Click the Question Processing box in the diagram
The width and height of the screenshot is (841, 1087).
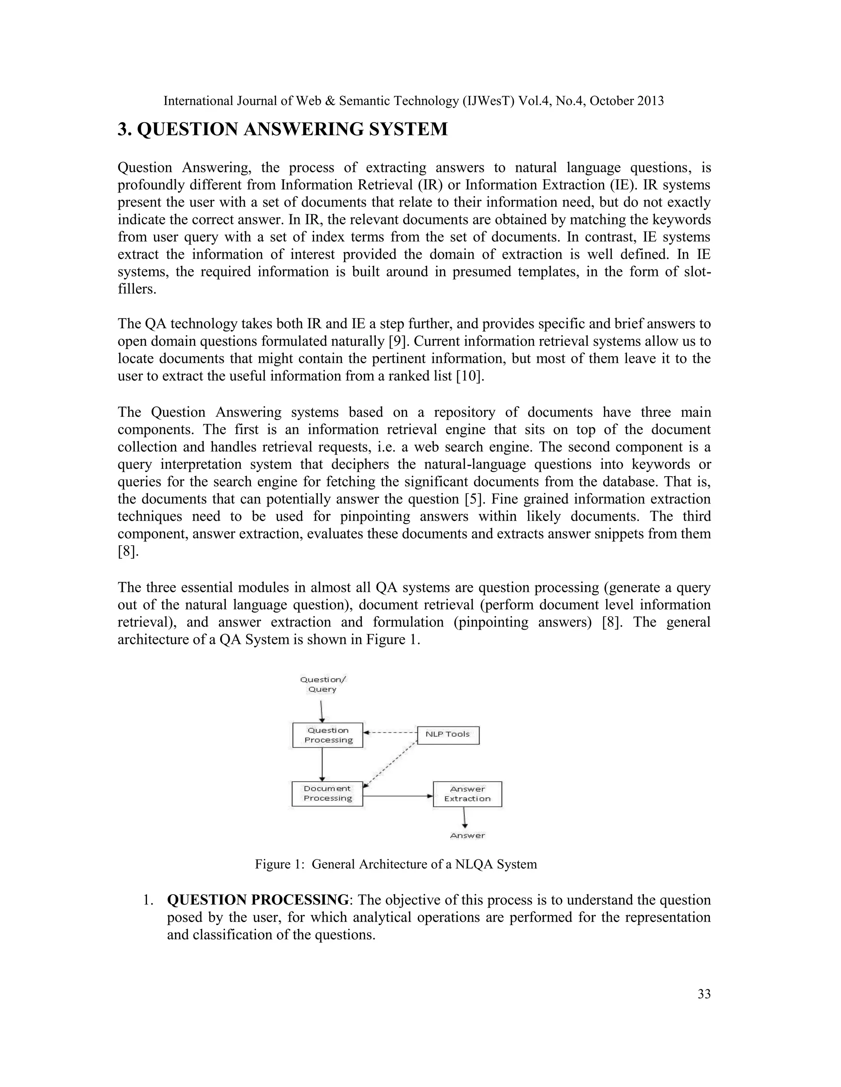[327, 735]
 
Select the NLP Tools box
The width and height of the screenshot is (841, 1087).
[448, 735]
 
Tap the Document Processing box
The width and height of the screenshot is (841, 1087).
[327, 793]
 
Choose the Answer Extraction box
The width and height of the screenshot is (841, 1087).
[467, 794]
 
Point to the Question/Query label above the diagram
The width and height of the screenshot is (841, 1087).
[323, 684]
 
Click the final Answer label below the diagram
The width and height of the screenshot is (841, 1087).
[467, 836]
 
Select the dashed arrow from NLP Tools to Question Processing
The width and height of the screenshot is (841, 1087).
[390, 733]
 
